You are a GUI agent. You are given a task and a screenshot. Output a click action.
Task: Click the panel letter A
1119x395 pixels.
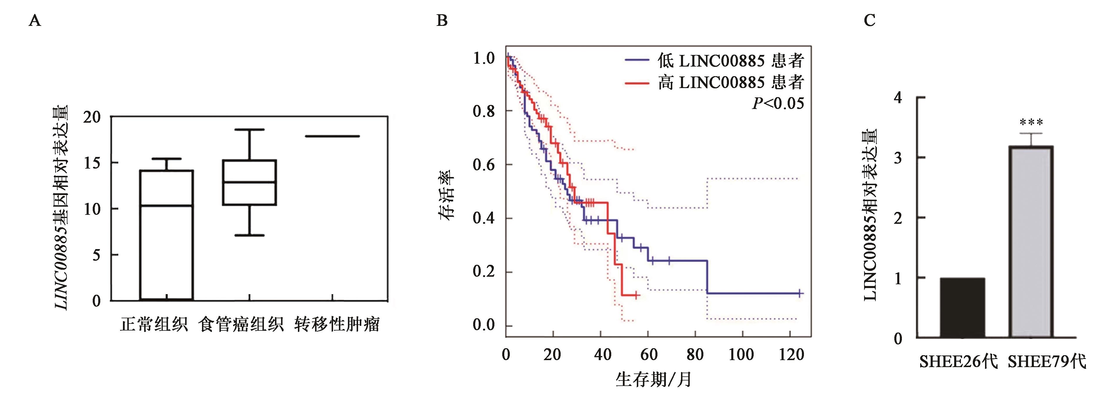35,20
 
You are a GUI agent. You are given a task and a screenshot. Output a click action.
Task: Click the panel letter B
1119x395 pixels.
442,20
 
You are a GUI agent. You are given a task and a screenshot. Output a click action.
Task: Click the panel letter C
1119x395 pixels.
869,20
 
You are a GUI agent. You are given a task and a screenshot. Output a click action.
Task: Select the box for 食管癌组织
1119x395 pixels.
250,183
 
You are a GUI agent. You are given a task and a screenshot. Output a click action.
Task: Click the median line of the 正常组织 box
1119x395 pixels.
167,205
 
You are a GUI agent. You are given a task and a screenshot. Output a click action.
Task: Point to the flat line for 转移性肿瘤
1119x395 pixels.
332,136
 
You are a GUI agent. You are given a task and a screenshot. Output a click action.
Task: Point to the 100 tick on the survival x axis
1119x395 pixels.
741,355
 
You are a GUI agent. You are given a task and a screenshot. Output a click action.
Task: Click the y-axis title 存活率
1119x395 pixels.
447,194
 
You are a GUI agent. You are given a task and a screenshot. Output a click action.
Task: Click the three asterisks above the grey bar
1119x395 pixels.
1031,122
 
